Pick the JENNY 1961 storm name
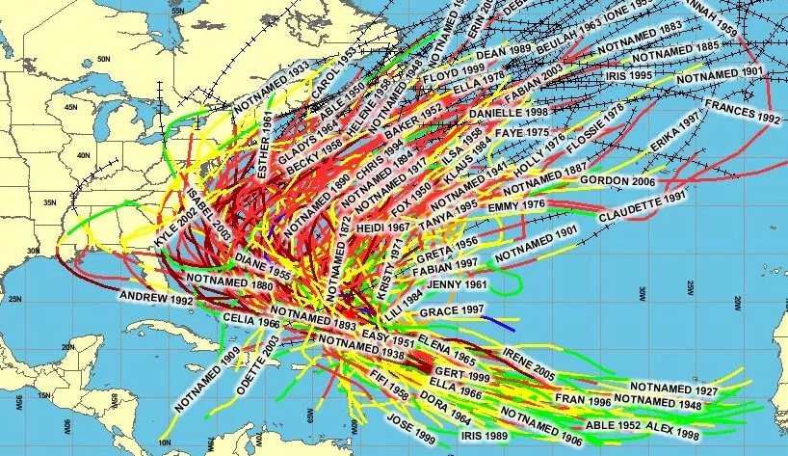tap(457, 285)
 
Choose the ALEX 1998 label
tap(671, 425)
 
